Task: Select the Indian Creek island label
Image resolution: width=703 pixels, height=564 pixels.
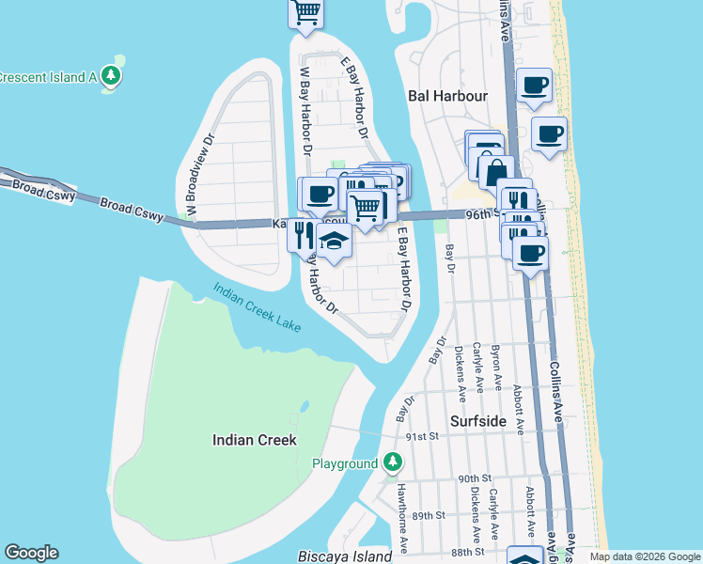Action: point(254,440)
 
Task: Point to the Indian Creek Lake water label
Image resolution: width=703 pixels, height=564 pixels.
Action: point(257,307)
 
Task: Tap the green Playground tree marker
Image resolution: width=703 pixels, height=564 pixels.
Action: point(393,463)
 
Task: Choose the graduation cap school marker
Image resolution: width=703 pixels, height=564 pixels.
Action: point(333,242)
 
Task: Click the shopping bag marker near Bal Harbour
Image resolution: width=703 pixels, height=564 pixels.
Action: point(495,172)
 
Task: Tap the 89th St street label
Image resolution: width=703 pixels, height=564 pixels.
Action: point(427,516)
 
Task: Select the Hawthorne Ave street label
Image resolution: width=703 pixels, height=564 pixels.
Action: point(402,529)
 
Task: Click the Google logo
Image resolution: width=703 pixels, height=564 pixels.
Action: point(31,553)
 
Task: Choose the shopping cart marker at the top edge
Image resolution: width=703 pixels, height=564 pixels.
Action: point(305,13)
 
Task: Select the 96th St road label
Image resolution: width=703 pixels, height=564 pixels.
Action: point(483,215)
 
